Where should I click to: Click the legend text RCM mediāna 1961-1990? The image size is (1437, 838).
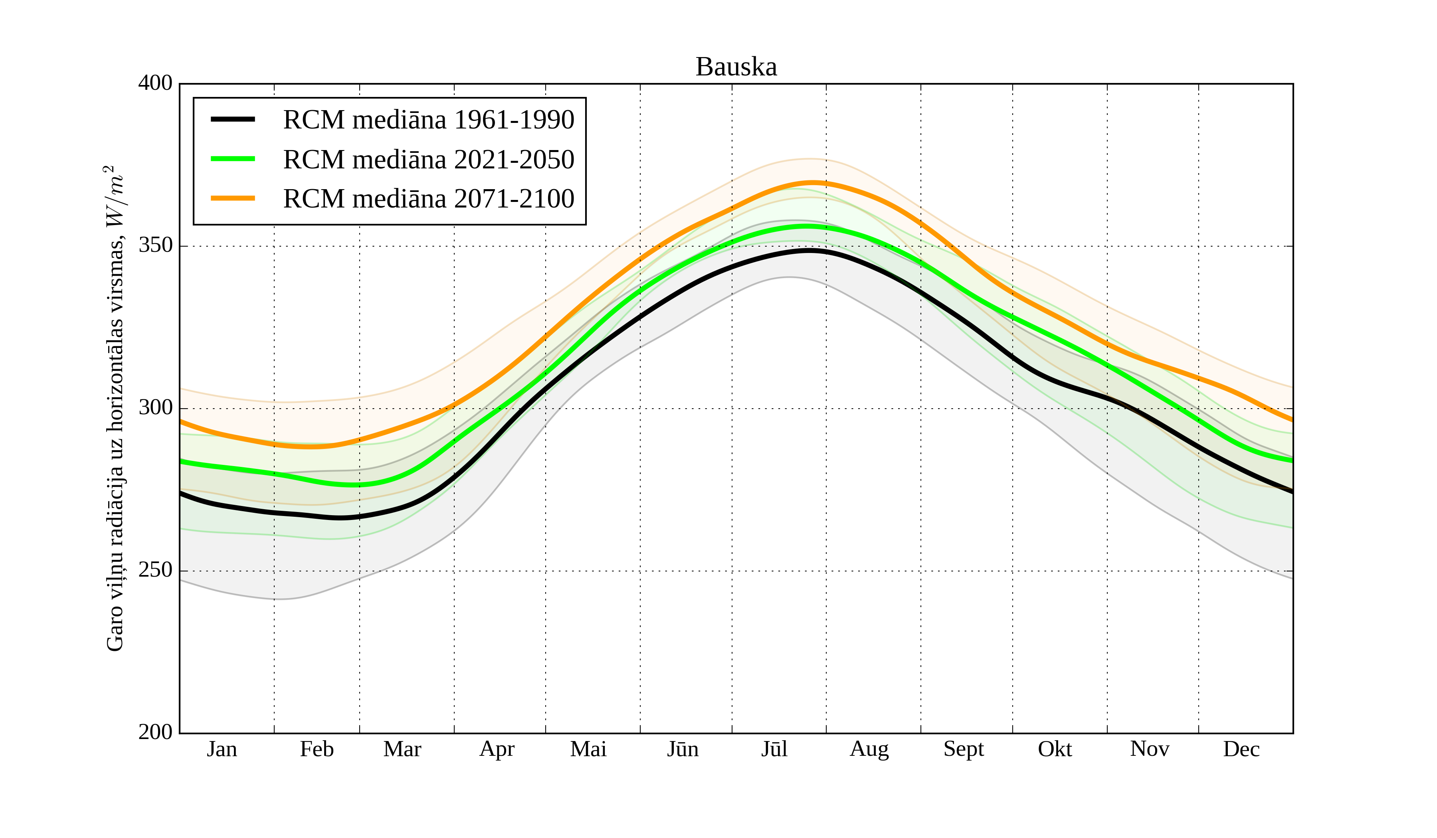pos(428,120)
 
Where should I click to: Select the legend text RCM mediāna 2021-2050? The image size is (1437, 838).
pos(428,160)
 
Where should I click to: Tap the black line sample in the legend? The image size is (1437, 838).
pos(233,119)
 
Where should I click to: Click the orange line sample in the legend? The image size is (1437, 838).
pos(233,198)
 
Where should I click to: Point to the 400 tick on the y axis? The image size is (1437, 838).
pos(155,83)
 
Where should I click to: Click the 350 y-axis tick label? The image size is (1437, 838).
pos(155,246)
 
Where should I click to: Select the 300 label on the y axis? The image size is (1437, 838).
pos(155,408)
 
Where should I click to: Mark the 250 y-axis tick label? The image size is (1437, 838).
pos(155,570)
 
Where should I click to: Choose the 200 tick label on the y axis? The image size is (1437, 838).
pos(155,733)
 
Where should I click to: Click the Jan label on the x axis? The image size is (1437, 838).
pos(222,749)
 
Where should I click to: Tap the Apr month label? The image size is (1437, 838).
pos(497,749)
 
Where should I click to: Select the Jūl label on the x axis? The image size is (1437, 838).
pos(774,749)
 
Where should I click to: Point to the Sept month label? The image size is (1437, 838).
pos(963,749)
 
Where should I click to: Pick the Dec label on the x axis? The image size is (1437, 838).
pos(1241,749)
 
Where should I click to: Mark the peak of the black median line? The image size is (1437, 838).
pos(810,250)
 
